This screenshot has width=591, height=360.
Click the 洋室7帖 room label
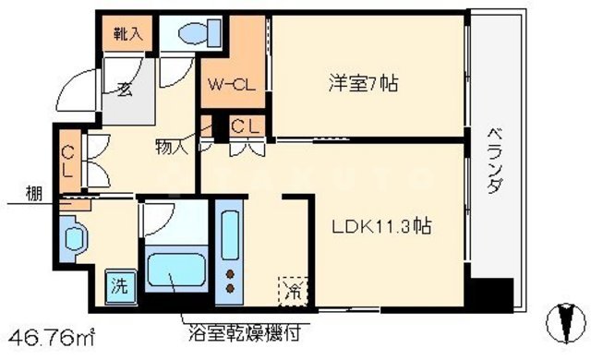(363, 84)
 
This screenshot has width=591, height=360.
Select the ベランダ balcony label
(495, 160)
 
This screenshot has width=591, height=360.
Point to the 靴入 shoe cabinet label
(127, 35)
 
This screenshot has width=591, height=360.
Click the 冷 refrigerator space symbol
(291, 290)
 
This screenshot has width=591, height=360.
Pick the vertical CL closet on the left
(67, 162)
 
